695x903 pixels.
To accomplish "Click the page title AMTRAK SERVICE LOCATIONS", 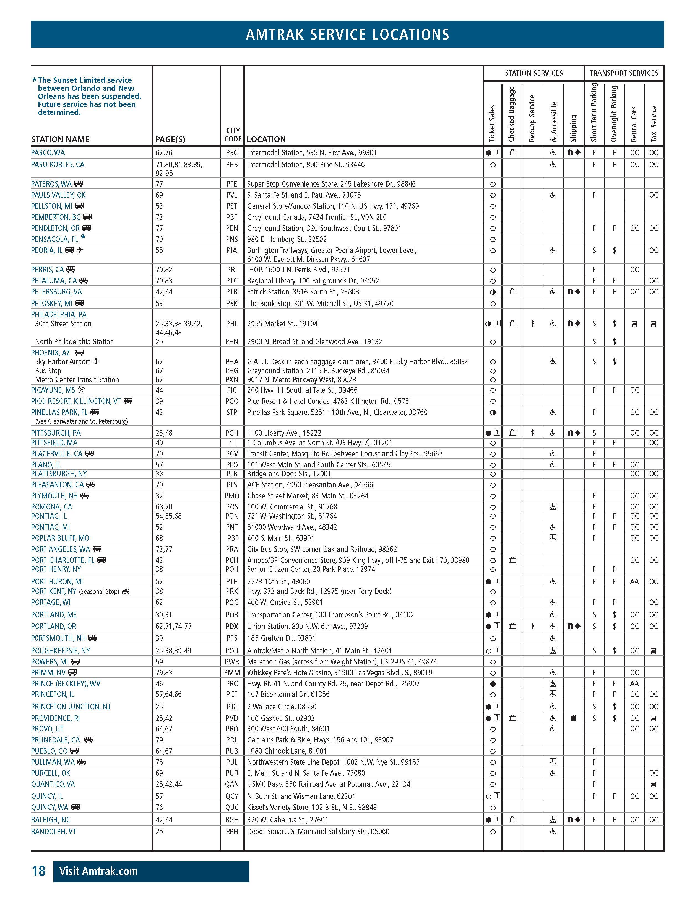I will tap(347, 34).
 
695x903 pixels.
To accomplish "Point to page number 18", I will tap(39, 871).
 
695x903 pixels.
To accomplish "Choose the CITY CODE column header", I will tap(232, 135).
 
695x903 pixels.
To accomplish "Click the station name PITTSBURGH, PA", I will tap(56, 433).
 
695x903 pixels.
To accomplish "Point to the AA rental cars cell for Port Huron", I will tap(634, 582).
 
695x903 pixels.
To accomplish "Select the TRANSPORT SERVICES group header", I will tap(624, 73).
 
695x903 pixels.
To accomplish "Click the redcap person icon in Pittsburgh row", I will tap(533, 433).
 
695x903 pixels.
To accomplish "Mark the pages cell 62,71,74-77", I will tap(174, 626).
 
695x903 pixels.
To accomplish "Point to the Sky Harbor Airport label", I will tap(63, 362).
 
